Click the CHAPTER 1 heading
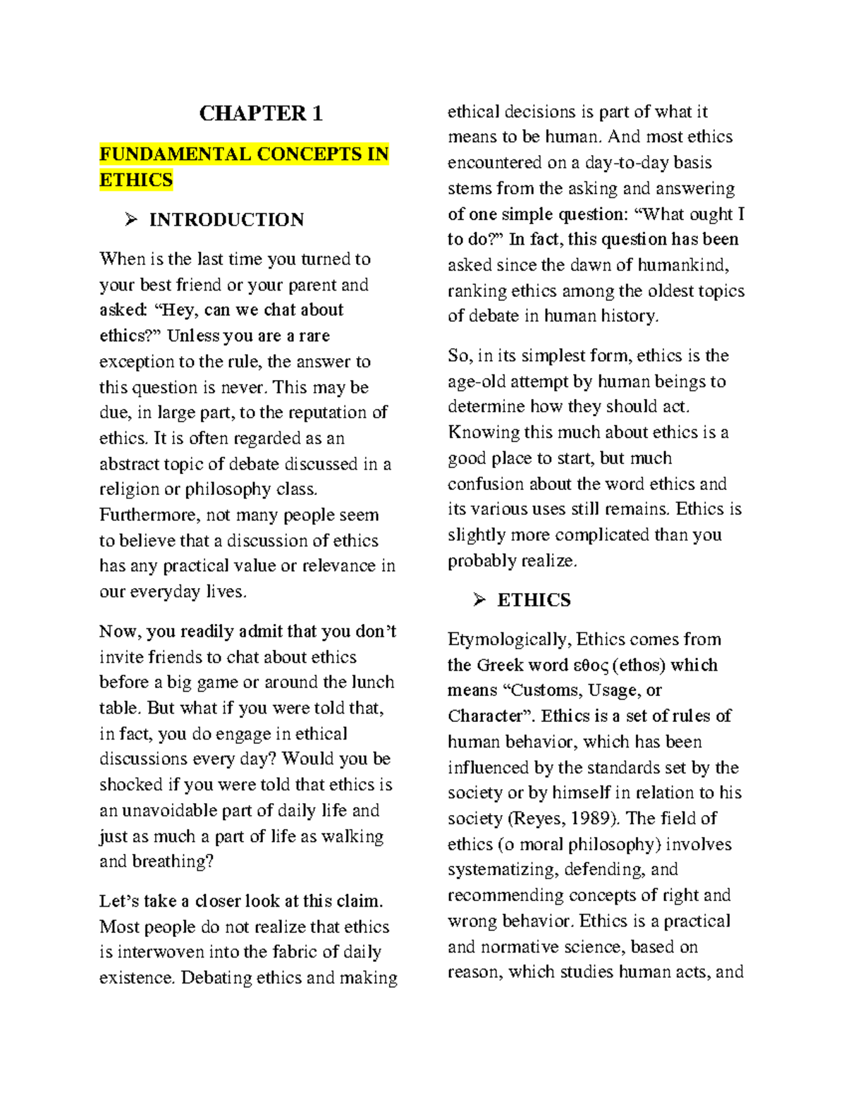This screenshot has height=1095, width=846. [261, 114]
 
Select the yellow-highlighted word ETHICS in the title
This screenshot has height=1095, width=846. [136, 181]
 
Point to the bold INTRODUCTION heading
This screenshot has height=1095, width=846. [226, 220]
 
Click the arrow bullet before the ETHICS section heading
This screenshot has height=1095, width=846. [479, 600]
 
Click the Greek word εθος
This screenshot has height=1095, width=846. [591, 666]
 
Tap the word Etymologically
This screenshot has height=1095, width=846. [509, 640]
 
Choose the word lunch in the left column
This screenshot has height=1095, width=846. [372, 683]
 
